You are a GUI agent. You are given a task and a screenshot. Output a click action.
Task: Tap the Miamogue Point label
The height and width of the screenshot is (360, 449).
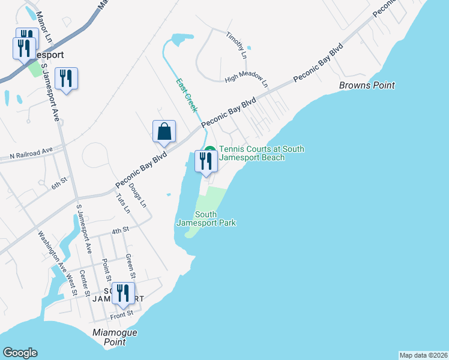tap(115, 337)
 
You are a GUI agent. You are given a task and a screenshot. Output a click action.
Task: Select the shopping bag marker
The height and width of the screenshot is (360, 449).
tap(164, 132)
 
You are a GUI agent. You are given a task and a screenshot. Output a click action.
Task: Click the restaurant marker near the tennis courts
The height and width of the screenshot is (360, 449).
tap(205, 161)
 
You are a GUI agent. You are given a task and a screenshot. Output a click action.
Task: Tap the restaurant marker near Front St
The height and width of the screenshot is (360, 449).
tap(123, 294)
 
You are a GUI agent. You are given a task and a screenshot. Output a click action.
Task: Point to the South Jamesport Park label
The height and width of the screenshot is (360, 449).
tap(206, 219)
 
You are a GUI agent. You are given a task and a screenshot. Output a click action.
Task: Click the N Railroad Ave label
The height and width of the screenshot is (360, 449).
tap(31, 156)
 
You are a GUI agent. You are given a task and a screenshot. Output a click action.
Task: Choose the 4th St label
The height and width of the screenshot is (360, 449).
tap(120, 230)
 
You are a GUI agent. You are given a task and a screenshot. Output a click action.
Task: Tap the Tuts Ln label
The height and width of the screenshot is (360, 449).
tap(122, 203)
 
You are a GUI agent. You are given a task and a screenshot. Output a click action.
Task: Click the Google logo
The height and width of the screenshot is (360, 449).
tap(20, 353)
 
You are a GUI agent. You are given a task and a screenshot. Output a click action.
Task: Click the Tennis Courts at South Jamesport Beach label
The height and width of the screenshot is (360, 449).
tap(262, 153)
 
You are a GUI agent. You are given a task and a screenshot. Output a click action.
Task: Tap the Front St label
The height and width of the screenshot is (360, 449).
tap(121, 314)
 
